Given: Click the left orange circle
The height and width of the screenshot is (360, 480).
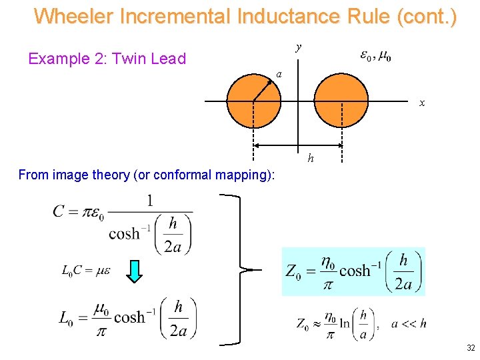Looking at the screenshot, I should (254, 100).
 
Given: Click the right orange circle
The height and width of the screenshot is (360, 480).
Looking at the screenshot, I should (341, 100).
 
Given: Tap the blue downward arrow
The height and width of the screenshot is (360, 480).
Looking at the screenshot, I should (135, 271).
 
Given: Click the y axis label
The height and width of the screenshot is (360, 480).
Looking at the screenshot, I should (299, 47).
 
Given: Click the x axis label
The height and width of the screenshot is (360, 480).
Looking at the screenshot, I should (421, 103).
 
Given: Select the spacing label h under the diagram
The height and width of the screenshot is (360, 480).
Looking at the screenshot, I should (311, 158).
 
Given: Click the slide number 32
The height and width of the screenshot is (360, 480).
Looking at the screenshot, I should (471, 348).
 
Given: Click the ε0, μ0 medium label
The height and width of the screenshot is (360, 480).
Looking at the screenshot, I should (375, 56).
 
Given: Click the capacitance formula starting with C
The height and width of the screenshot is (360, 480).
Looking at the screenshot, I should (123, 224).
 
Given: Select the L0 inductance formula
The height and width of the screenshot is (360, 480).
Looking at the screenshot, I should (127, 317).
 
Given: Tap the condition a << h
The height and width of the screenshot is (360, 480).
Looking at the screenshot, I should (409, 324).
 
